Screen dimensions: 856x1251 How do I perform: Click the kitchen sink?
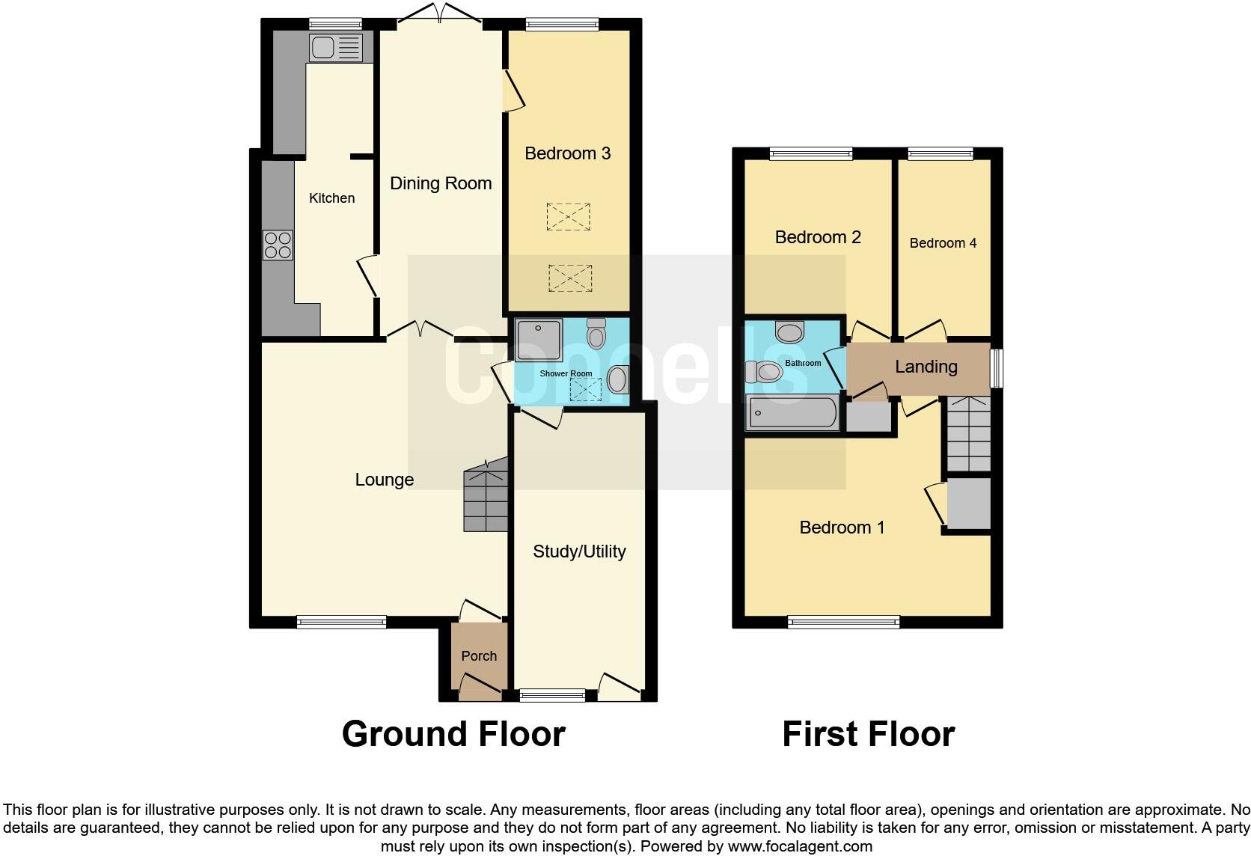335,48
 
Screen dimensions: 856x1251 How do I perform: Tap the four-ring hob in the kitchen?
278,245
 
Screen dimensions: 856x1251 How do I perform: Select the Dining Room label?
441,183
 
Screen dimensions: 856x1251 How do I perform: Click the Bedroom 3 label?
568,153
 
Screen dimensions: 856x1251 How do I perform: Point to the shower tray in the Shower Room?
538,340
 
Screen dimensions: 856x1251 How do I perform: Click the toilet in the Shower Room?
596,334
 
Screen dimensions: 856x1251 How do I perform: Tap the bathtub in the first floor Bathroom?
793,412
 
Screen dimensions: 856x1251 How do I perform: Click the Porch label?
479,655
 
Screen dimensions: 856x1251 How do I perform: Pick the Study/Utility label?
579,551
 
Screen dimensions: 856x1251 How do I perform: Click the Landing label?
926,367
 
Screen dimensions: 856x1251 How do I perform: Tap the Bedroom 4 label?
943,243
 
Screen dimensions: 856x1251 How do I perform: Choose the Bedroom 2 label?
818,237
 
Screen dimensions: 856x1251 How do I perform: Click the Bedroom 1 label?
842,528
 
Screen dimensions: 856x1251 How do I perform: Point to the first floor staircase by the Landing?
968,433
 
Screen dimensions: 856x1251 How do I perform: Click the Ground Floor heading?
453,734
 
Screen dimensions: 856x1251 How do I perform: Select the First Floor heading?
868,734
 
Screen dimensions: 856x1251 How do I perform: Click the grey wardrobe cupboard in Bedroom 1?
968,504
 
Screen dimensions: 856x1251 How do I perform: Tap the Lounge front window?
341,621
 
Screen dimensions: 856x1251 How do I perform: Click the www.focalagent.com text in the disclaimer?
799,847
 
